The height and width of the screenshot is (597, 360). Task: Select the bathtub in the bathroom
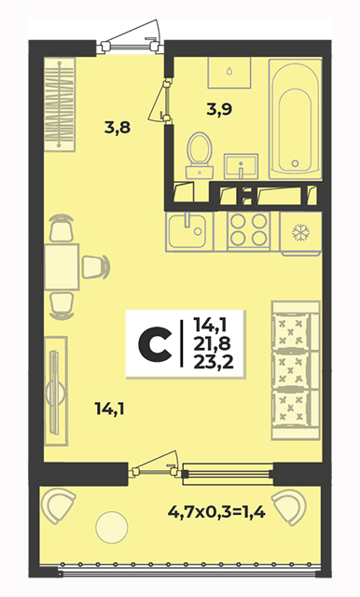pyautogui.click(x=296, y=118)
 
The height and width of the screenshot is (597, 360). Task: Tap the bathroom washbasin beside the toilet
pyautogui.click(x=241, y=166)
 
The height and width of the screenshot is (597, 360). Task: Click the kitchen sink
pyautogui.click(x=189, y=231)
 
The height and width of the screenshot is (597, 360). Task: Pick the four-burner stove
pyautogui.click(x=249, y=231)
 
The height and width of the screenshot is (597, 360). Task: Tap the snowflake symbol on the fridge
pyautogui.click(x=300, y=232)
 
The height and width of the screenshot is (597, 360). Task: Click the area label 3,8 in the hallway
pyautogui.click(x=118, y=128)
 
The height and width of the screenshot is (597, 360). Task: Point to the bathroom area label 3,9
pyautogui.click(x=219, y=109)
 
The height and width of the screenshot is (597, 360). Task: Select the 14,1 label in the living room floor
pyautogui.click(x=110, y=410)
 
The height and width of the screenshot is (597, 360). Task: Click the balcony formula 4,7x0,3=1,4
pyautogui.click(x=216, y=512)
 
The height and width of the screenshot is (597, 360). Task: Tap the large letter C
pyautogui.click(x=155, y=344)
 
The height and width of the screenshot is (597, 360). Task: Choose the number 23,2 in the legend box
pyautogui.click(x=213, y=363)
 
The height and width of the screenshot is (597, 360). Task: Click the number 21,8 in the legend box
pyautogui.click(x=213, y=344)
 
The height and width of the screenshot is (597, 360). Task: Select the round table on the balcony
pyautogui.click(x=112, y=527)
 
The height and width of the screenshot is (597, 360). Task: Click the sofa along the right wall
pyautogui.click(x=296, y=370)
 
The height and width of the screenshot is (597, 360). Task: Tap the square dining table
pyautogui.click(x=62, y=267)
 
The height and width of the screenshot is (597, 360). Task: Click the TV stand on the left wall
pyautogui.click(x=56, y=391)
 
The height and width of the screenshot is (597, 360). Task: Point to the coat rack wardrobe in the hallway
pyautogui.click(x=60, y=104)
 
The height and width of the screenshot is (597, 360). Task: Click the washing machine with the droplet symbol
pyautogui.click(x=229, y=73)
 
